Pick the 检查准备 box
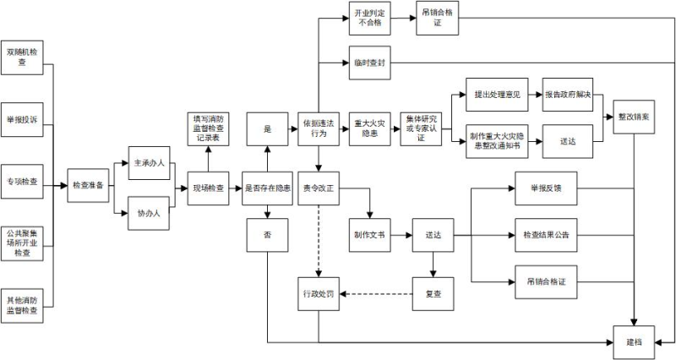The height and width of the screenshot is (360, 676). [x=89, y=186]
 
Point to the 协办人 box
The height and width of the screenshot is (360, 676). [x=149, y=213]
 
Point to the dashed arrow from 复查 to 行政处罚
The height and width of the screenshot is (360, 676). [x=376, y=293]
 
